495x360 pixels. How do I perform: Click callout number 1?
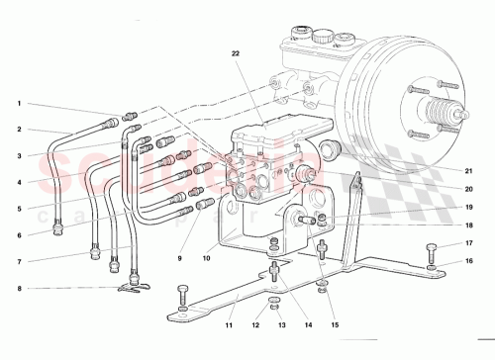click(x=18, y=104)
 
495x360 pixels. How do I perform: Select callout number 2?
click(x=18, y=130)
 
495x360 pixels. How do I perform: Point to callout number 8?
click(x=18, y=289)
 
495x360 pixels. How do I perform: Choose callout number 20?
click(x=470, y=189)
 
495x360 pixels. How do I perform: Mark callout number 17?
click(x=470, y=242)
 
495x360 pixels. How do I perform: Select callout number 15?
click(x=334, y=323)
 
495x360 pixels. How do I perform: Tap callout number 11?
click(x=228, y=323)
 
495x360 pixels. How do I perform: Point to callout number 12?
click(x=255, y=323)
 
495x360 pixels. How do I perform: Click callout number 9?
click(x=181, y=259)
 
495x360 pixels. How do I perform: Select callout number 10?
click(x=207, y=259)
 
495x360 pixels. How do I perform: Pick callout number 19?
click(x=470, y=208)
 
